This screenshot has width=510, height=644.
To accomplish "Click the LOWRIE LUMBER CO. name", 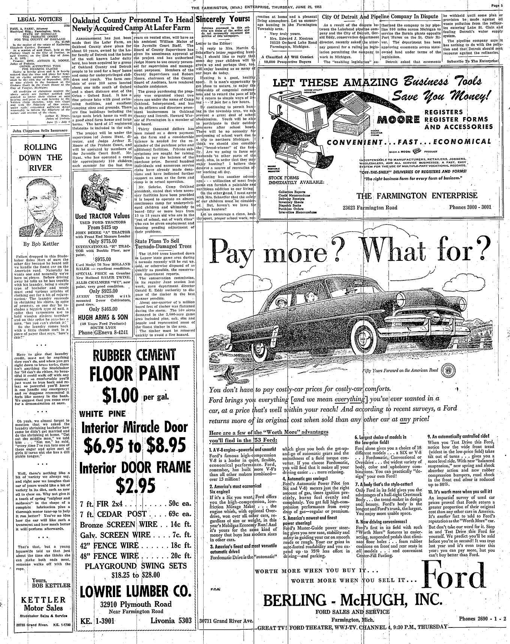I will [x=135, y=590].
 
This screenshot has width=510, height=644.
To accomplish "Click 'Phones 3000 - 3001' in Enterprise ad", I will [x=471, y=207].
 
